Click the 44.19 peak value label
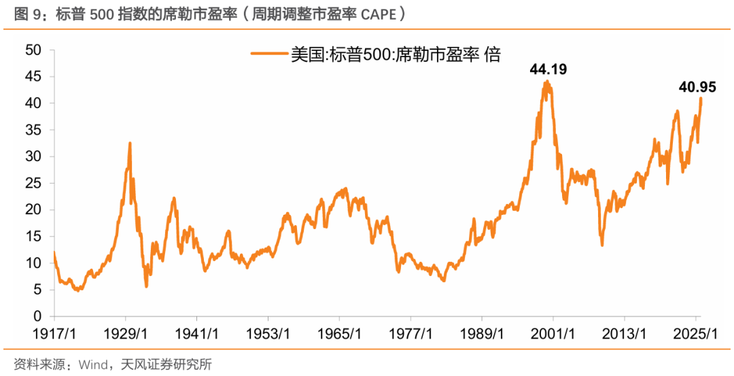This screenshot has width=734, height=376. point(548,69)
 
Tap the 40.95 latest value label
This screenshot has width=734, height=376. point(697,87)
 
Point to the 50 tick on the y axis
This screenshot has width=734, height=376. point(33,50)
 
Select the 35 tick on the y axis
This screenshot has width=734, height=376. point(33,130)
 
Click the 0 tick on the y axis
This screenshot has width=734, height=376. point(38,317)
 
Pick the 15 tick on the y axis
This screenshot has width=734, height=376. point(33,237)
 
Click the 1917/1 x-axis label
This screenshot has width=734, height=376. point(54,334)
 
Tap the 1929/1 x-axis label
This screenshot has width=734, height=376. point(126,334)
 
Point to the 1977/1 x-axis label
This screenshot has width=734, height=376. point(410,334)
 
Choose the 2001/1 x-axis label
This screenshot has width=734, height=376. point(553,334)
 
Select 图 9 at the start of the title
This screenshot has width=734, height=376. point(24,13)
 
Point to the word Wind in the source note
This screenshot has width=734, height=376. point(92,364)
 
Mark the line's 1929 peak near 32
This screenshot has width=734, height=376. point(130,143)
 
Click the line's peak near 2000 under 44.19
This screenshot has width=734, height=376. point(547,82)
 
